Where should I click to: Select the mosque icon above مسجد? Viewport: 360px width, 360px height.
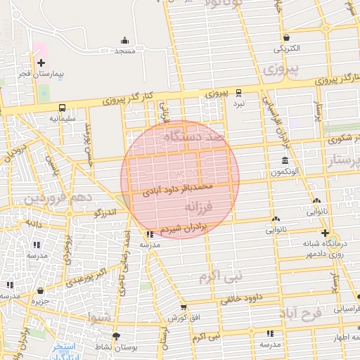(125, 40)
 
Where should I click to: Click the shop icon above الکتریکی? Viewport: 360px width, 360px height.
(286, 38)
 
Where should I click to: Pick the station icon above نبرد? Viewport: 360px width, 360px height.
(239, 92)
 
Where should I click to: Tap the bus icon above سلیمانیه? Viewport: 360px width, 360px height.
(63, 108)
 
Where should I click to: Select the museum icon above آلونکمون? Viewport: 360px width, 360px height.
(284, 161)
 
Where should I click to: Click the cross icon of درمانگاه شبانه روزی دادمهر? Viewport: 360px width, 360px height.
(324, 233)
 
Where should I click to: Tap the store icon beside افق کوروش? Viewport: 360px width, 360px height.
(184, 307)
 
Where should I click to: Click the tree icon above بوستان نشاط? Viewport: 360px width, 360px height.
(116, 335)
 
